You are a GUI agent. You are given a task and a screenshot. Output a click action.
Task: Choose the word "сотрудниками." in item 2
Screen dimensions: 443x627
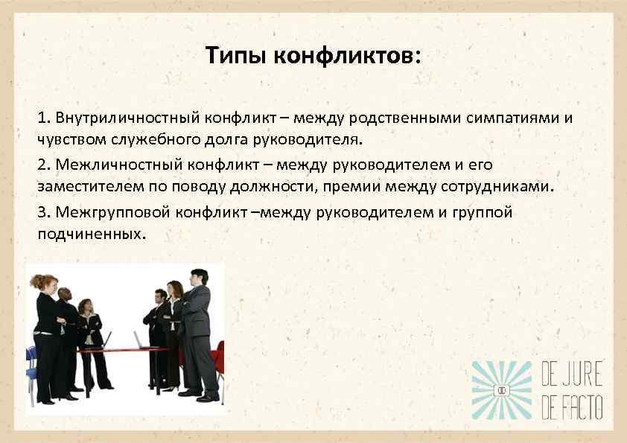coord(502,185)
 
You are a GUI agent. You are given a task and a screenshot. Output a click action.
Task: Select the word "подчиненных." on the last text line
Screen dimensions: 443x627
coord(90,233)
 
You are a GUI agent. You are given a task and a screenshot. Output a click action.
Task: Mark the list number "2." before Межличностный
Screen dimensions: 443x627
coord(43,165)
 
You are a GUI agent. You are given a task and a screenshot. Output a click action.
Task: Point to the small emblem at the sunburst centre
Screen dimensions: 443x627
coord(503,389)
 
